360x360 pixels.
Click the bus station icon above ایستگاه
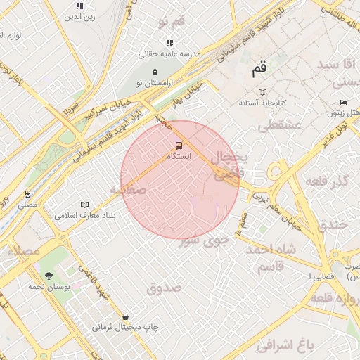(177, 146)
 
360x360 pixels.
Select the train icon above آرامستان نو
(155, 72)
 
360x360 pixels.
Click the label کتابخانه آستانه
(262, 103)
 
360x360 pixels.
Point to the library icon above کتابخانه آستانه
(263, 92)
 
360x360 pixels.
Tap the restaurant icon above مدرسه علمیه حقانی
(169, 44)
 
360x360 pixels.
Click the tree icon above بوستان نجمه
(49, 276)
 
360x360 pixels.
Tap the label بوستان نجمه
(48, 287)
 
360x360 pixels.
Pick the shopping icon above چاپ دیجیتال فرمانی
(125, 317)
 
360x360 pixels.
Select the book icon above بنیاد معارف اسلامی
(85, 204)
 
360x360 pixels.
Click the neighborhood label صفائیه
(127, 190)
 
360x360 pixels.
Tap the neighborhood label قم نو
(171, 22)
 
